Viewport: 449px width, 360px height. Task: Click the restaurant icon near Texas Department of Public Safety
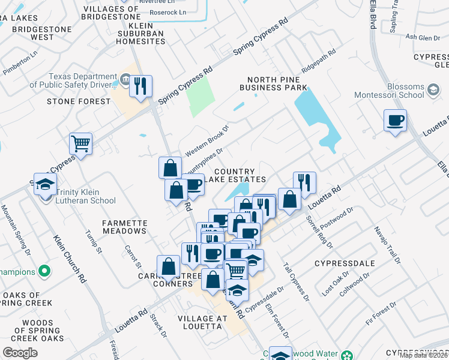coord(140,86)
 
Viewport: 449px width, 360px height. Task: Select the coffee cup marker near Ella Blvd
coord(395,121)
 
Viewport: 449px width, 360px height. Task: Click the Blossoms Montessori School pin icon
coord(432,89)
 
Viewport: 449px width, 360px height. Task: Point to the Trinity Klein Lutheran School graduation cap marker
coord(44,184)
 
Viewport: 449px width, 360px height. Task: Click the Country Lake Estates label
coord(235,175)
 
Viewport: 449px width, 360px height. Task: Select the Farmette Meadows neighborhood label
coord(125,227)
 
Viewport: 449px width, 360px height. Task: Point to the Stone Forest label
coord(79,101)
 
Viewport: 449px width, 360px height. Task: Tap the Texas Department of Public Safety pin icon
coord(125,78)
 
